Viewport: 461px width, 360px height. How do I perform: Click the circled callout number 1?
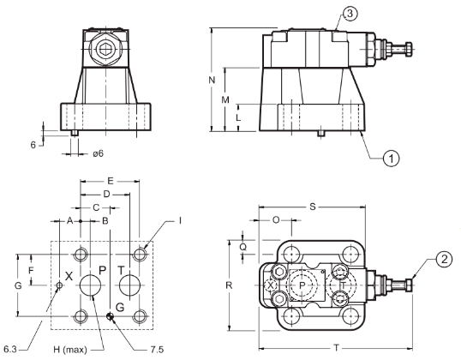point(391,159)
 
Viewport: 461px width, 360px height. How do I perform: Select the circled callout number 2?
point(444,259)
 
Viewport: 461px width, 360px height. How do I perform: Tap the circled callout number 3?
point(350,14)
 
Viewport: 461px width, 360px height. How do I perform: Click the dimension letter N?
point(212,80)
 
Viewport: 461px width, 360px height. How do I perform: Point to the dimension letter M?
point(225,100)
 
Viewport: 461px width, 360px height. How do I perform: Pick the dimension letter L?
point(238,117)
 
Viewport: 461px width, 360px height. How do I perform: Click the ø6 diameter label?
point(99,153)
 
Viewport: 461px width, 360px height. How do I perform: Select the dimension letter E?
point(111,181)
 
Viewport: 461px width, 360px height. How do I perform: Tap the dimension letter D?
point(106,194)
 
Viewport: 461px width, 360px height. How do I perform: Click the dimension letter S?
point(313,207)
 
